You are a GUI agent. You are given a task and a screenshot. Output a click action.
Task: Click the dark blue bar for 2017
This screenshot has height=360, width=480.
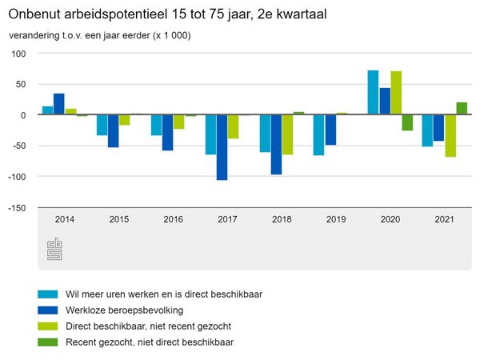click(x=222, y=147)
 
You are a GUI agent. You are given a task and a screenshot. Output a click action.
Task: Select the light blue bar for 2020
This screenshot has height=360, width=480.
click(x=373, y=93)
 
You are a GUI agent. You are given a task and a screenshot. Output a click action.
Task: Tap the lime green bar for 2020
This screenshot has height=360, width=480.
click(x=395, y=93)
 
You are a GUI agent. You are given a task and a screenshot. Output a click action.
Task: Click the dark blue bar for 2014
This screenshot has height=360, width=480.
click(x=59, y=104)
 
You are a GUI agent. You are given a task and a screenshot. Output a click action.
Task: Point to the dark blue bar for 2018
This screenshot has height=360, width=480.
click(x=276, y=144)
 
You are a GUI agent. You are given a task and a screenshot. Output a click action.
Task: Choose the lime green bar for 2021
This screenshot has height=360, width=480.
click(x=450, y=136)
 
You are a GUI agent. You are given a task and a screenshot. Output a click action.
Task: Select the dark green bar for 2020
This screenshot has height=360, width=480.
click(x=407, y=122)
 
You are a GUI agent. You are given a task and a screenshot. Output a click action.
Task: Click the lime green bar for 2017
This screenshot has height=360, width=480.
click(x=233, y=126)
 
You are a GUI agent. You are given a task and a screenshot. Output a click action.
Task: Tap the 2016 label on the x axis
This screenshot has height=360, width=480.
click(x=173, y=218)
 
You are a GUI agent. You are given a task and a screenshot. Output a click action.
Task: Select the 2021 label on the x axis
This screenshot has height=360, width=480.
click(x=444, y=218)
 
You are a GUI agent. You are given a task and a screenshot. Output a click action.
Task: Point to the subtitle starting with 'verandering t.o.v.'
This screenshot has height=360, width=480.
click(x=100, y=35)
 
